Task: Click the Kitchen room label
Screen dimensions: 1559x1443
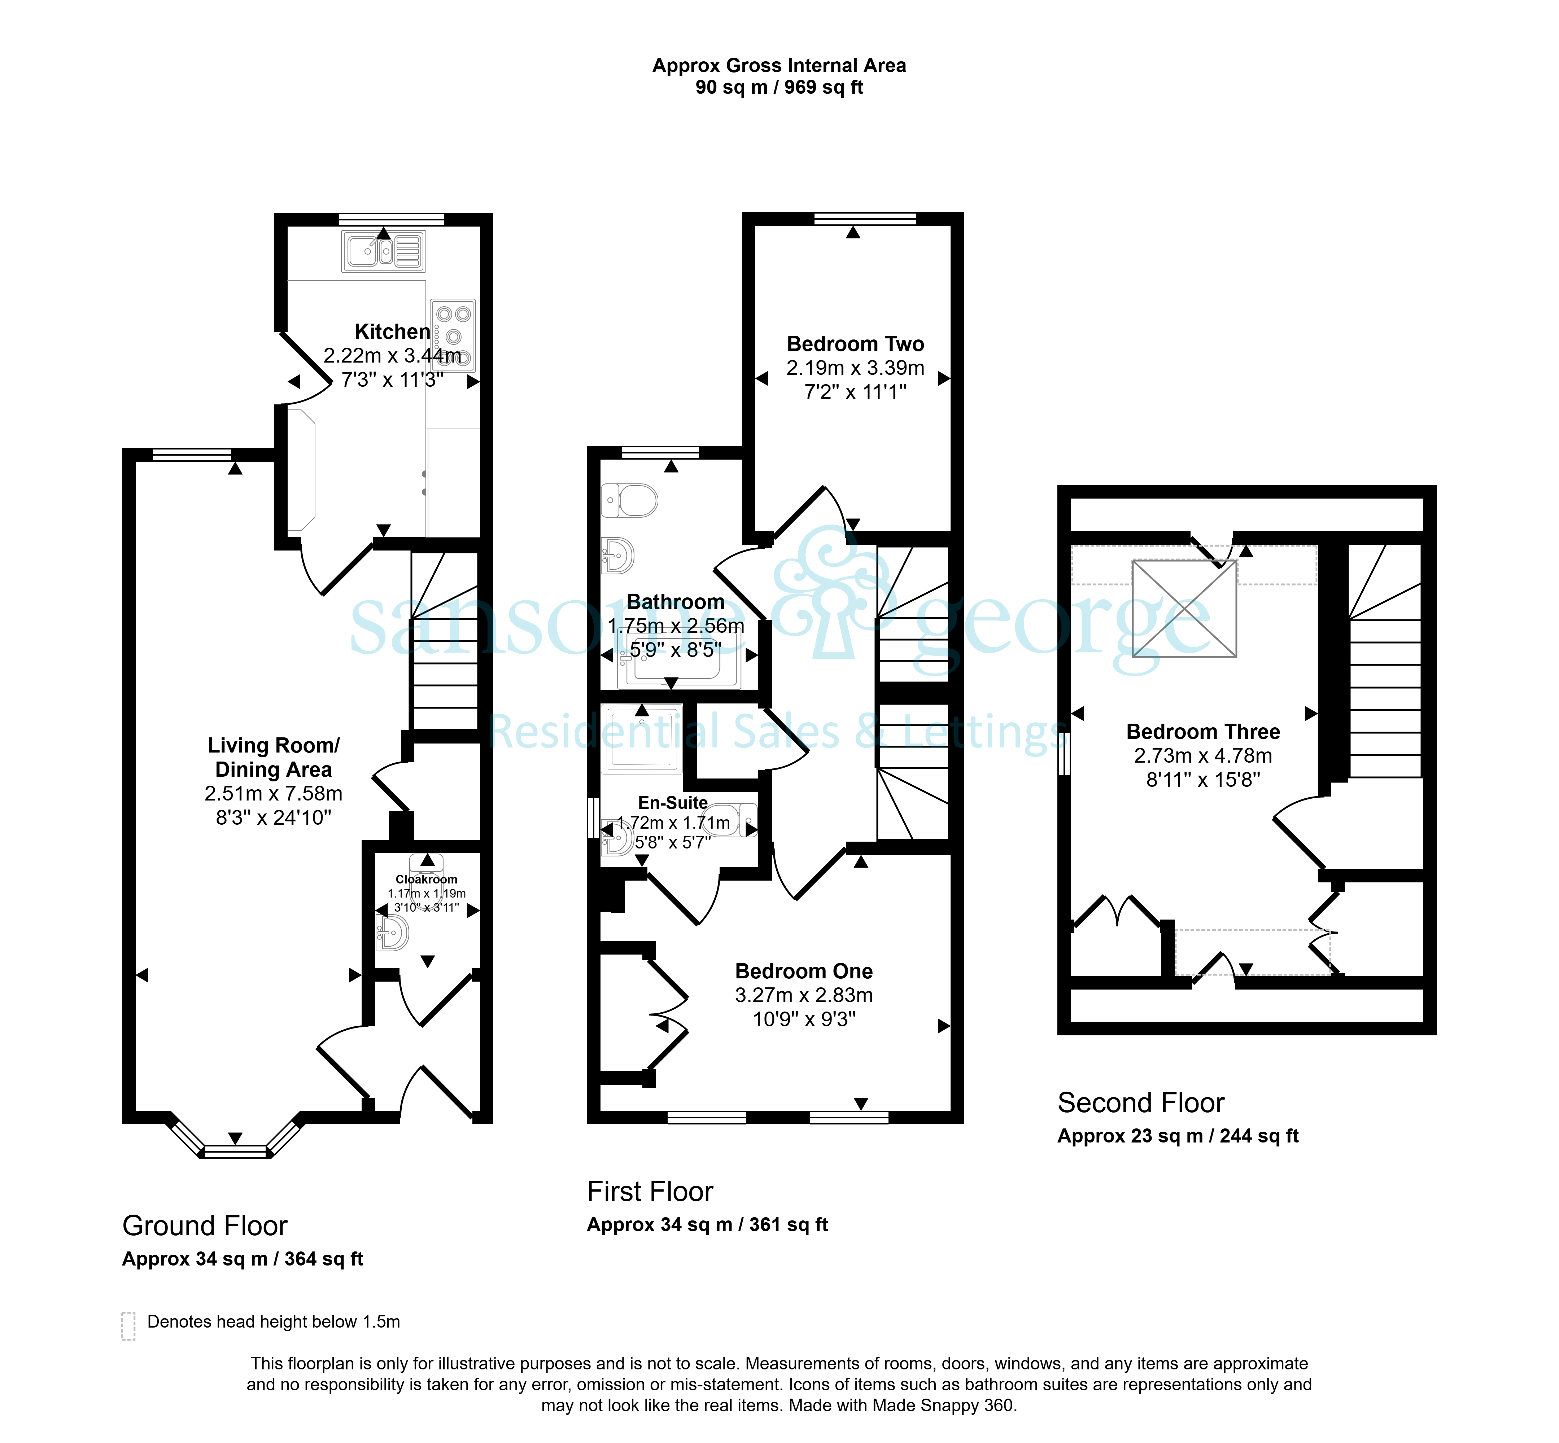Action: coord(392,332)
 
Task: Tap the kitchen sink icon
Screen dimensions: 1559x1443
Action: coord(384,251)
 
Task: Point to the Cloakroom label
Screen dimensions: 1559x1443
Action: coord(427,879)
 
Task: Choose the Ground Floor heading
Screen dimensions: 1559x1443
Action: coord(205,1226)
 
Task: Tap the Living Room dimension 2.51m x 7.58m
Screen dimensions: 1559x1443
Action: coord(274,793)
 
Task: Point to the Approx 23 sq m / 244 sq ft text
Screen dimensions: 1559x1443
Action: coord(1178,1136)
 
